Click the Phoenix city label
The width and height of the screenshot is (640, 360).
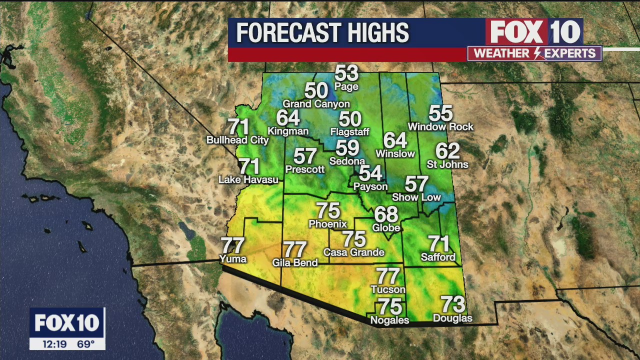tap(327, 224)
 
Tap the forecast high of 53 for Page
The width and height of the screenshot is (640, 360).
tap(346, 73)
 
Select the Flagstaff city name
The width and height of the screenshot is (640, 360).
tap(349, 132)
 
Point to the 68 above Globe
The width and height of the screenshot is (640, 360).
tap(386, 214)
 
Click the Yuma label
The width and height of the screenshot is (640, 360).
tap(233, 259)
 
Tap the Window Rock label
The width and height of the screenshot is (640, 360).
tap(440, 127)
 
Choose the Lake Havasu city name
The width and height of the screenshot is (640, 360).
tap(248, 179)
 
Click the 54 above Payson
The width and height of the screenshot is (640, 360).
tap(370, 173)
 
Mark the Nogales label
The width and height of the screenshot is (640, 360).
tap(389, 320)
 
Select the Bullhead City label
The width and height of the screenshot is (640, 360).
tap(237, 140)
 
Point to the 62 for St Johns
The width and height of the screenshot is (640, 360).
tap(447, 151)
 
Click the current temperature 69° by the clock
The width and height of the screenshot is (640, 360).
tap(85, 344)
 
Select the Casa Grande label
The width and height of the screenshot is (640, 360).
tap(353, 252)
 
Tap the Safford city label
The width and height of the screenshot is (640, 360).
tap(438, 257)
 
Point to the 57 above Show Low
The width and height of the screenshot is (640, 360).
tap(416, 184)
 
